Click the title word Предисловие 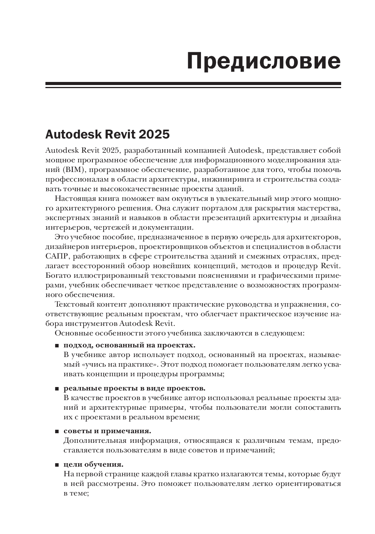264,61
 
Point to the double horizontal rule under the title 193,85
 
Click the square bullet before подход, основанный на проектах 57,345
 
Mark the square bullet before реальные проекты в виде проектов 57,389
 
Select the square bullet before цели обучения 57,465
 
